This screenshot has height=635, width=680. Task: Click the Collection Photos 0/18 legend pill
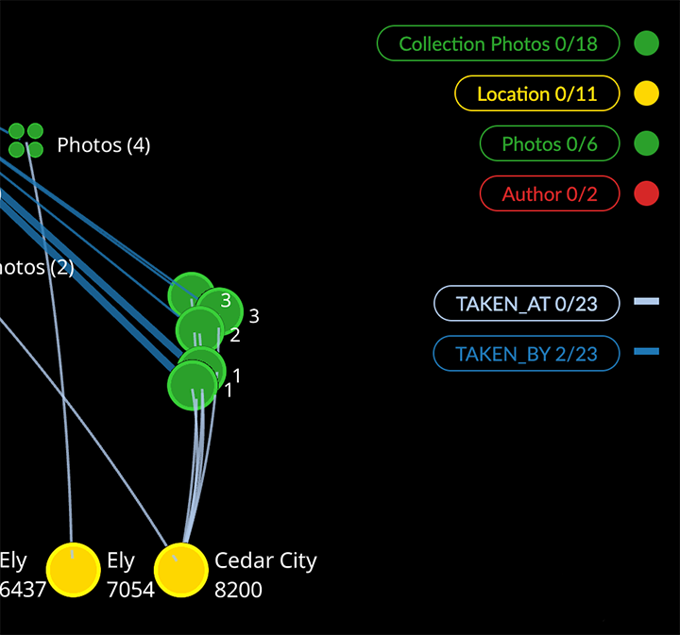pyautogui.click(x=498, y=43)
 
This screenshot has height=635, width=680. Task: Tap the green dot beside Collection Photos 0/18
pyautogui.click(x=646, y=43)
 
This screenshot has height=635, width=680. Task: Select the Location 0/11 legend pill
pyautogui.click(x=536, y=93)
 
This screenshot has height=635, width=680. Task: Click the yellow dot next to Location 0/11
pyautogui.click(x=646, y=93)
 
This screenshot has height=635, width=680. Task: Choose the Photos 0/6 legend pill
pyautogui.click(x=550, y=143)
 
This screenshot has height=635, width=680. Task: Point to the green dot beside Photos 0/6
pyautogui.click(x=646, y=143)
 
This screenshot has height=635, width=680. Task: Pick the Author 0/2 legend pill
pyautogui.click(x=550, y=193)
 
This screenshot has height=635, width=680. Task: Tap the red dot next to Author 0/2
pyautogui.click(x=646, y=193)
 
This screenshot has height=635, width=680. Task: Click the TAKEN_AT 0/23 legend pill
pyautogui.click(x=526, y=304)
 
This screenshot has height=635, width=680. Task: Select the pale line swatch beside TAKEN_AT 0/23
pyautogui.click(x=646, y=302)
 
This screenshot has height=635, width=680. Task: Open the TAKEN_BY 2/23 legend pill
pyautogui.click(x=526, y=354)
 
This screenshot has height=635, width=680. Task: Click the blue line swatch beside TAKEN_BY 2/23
pyautogui.click(x=646, y=352)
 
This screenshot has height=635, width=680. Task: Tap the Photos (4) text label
pyautogui.click(x=103, y=144)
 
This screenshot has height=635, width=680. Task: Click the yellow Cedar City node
pyautogui.click(x=180, y=570)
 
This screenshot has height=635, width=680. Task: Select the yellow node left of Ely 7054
pyautogui.click(x=73, y=570)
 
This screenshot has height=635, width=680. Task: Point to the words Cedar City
pyautogui.click(x=265, y=560)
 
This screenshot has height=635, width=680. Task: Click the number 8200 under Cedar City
pyautogui.click(x=238, y=590)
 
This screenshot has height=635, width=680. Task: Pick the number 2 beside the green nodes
pyautogui.click(x=235, y=335)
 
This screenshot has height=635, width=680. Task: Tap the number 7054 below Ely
pyautogui.click(x=130, y=590)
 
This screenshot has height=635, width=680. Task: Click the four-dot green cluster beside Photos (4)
pyautogui.click(x=26, y=140)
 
